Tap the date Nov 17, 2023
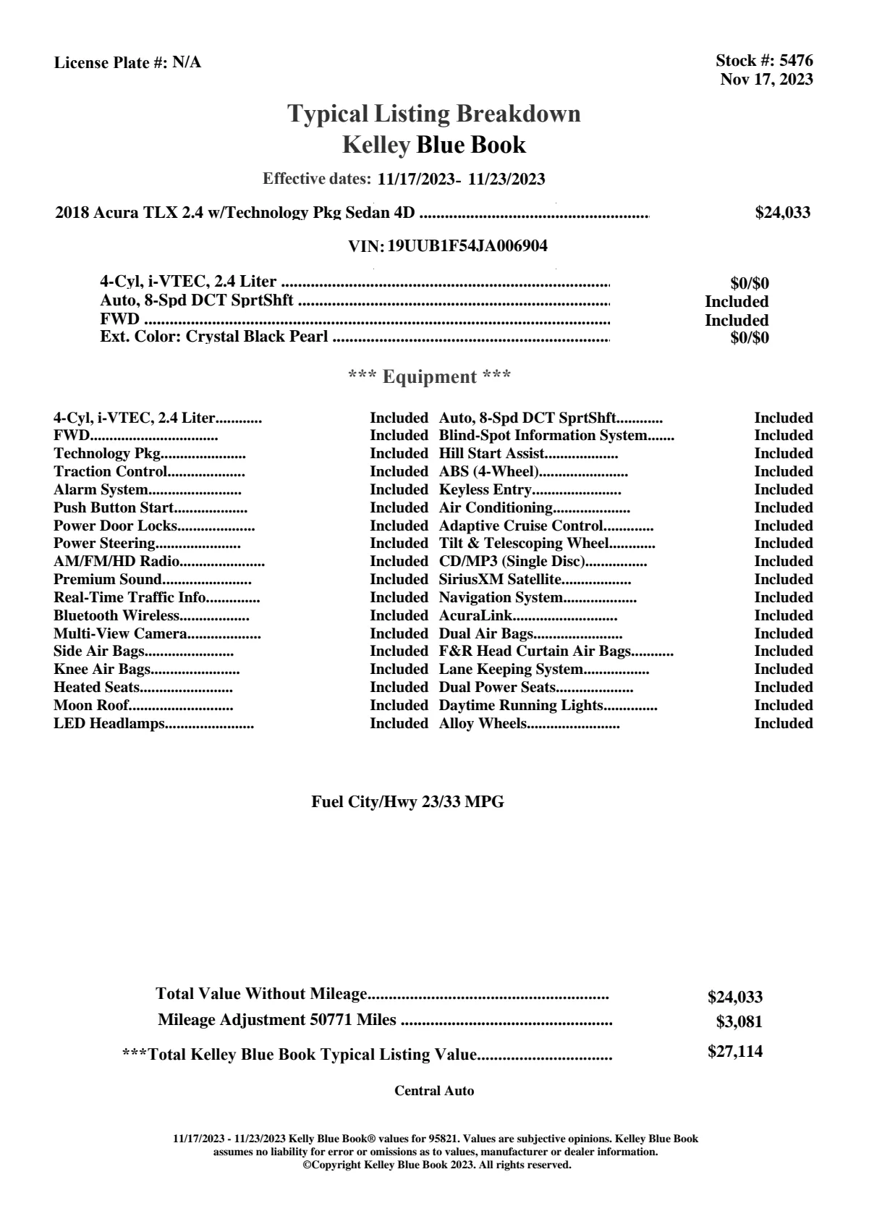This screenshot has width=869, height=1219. [766, 80]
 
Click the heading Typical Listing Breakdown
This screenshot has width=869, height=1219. [434, 114]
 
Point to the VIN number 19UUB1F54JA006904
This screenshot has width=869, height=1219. [467, 246]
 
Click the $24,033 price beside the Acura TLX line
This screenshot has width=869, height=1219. [782, 213]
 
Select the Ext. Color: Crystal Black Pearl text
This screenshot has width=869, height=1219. [213, 337]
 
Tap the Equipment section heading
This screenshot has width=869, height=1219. [430, 377]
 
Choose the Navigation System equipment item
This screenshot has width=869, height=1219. [501, 598]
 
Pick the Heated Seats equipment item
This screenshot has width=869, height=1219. [97, 688]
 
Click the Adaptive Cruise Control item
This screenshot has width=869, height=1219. [521, 526]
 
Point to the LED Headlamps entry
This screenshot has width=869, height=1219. [109, 724]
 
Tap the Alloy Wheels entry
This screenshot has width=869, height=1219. [483, 724]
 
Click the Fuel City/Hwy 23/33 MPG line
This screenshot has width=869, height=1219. [407, 802]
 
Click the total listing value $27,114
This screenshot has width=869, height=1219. [734, 1052]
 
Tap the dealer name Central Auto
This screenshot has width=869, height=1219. [434, 1091]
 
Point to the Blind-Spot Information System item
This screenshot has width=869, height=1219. [543, 436]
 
